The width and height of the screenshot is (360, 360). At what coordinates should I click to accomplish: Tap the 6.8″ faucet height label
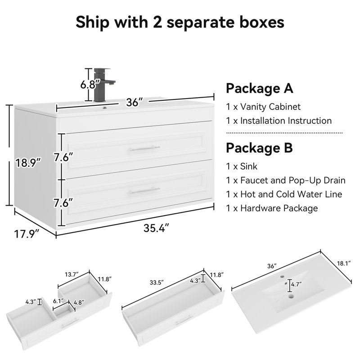(x=90, y=85)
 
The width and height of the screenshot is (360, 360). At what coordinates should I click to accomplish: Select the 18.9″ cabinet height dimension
(x=28, y=163)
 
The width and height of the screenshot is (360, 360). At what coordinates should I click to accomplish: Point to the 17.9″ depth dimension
(x=27, y=234)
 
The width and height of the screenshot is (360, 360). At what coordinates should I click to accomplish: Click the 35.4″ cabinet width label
(x=156, y=228)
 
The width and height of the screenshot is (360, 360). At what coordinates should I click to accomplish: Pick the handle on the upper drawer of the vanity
(x=144, y=148)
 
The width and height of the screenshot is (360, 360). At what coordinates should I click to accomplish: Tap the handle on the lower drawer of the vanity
(x=144, y=190)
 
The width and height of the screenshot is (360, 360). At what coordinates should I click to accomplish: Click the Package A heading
(x=260, y=88)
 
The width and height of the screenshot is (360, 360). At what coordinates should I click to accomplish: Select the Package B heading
(x=259, y=148)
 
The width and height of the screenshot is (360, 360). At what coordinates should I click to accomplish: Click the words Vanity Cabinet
(x=270, y=107)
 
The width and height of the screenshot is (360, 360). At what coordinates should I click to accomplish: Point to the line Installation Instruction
(x=279, y=121)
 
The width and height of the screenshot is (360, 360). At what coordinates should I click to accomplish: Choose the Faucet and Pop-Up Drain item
(x=286, y=180)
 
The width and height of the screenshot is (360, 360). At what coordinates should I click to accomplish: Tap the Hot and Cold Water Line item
(x=284, y=194)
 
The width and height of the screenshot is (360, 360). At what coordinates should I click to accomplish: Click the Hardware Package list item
(x=272, y=208)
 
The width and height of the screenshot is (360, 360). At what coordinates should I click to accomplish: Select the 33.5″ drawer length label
(x=157, y=282)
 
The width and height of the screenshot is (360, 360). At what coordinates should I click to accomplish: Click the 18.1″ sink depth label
(x=344, y=263)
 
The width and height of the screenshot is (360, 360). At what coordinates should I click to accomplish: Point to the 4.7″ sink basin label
(x=297, y=284)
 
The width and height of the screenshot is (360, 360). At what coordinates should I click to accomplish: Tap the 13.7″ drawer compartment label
(x=72, y=274)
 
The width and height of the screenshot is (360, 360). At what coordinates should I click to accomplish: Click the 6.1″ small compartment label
(x=58, y=301)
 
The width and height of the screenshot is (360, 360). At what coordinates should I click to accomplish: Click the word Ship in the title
(x=93, y=22)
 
